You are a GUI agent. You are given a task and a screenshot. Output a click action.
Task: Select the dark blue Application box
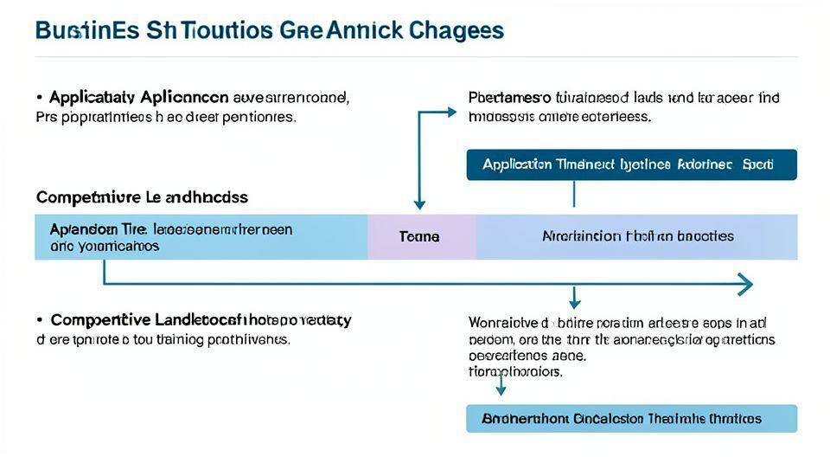tap(631, 164)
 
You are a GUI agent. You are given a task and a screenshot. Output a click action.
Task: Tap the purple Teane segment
tap(420, 236)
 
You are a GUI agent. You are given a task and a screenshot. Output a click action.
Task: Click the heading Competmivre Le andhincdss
tap(142, 197)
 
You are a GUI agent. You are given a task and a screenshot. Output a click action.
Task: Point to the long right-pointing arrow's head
tap(745, 284)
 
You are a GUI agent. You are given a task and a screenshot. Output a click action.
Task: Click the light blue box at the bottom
tap(631, 418)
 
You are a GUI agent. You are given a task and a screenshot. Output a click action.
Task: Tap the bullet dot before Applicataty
tap(40, 97)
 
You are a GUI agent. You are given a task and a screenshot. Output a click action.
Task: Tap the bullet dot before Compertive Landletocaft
tap(40, 320)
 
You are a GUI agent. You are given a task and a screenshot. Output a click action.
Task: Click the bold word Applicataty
tap(90, 97)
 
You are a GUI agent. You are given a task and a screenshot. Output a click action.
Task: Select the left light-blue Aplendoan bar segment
tap(201, 236)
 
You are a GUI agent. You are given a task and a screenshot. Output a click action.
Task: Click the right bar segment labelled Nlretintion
tap(637, 236)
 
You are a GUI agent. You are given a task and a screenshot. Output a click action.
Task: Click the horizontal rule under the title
tap(415, 57)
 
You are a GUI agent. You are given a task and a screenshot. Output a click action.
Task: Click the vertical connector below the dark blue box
tap(573, 194)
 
